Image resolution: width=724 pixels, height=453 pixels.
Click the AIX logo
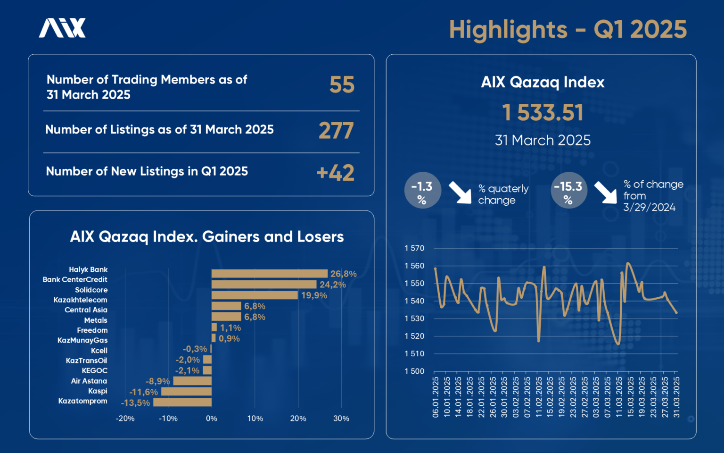[x=62, y=28]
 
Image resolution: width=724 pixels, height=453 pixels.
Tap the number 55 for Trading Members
[x=342, y=85]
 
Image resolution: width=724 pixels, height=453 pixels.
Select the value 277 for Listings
[x=336, y=131]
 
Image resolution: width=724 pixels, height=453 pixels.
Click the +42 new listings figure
[x=335, y=173]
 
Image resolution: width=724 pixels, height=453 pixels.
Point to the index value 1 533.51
[x=543, y=113]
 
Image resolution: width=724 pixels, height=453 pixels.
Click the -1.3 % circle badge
[x=422, y=191]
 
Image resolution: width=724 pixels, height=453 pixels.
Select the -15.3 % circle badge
[x=568, y=191]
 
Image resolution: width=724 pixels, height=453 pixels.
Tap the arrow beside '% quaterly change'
[x=460, y=192]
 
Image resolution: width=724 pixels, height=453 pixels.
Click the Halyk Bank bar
[x=269, y=274]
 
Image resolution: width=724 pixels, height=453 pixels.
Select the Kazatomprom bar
[x=182, y=403]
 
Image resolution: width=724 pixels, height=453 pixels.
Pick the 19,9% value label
[x=314, y=295]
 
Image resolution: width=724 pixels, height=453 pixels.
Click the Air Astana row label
[x=89, y=381]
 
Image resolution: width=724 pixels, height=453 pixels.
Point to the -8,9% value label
[x=157, y=381]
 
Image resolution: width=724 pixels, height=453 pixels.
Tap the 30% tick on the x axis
[x=341, y=419]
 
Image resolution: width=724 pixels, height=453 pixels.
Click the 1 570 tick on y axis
[x=414, y=248]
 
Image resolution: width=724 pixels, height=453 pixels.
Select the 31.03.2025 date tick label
[x=676, y=397]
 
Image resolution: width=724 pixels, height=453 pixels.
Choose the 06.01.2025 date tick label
[x=436, y=397]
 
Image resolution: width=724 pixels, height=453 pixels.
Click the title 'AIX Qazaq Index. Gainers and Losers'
[x=207, y=236]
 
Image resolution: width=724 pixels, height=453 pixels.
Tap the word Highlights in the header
[x=508, y=30]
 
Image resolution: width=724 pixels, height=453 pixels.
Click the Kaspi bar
[x=186, y=392]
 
